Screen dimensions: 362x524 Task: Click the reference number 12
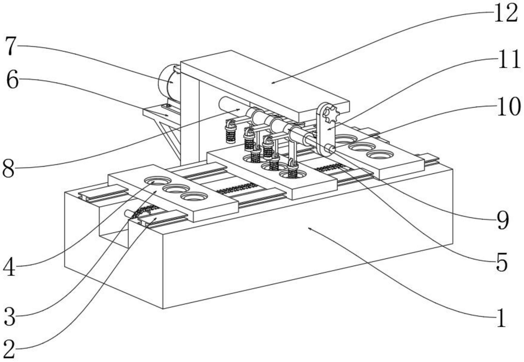tap(505, 14)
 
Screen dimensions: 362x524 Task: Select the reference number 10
tap(508, 107)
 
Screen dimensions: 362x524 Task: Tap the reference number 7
tap(11, 46)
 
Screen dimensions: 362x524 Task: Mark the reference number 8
tap(8, 169)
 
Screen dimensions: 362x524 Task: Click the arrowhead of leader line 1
tap(309, 228)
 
